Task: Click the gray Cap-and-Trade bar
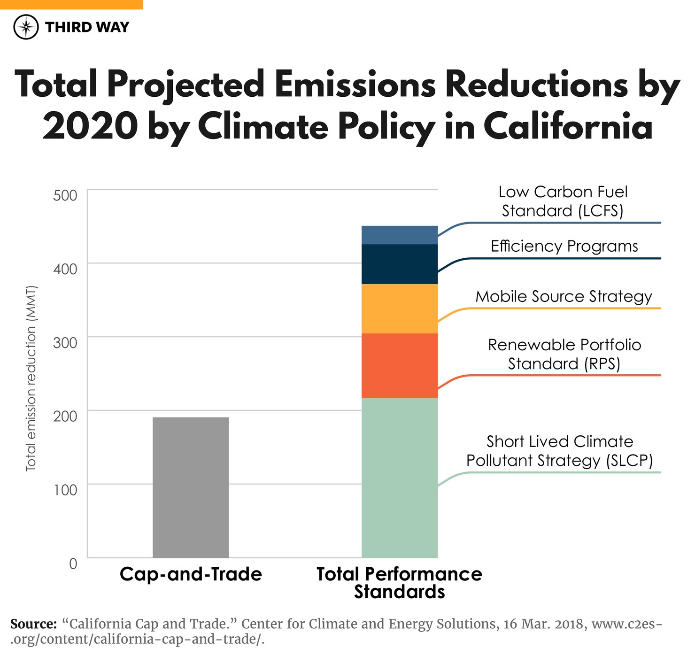pyautogui.click(x=191, y=487)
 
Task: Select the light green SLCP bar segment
pyautogui.click(x=399, y=478)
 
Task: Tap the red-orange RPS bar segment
pyautogui.click(x=399, y=365)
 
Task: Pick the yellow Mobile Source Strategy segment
pyautogui.click(x=399, y=309)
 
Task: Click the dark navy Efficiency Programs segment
pyautogui.click(x=399, y=264)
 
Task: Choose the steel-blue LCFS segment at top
pyautogui.click(x=399, y=235)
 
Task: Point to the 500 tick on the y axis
pyautogui.click(x=65, y=195)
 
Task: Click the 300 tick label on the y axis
pyautogui.click(x=65, y=343)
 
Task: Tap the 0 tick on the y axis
pyautogui.click(x=73, y=563)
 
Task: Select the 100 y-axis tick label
pyautogui.click(x=65, y=490)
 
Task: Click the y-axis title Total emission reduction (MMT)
pyautogui.click(x=31, y=378)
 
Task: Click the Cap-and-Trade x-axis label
pyautogui.click(x=191, y=574)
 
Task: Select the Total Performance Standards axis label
pyautogui.click(x=399, y=583)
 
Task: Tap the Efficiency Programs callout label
pyautogui.click(x=564, y=246)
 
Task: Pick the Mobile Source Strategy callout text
pyautogui.click(x=564, y=296)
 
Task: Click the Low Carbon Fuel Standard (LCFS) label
pyautogui.click(x=563, y=201)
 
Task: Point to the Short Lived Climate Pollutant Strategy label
pyautogui.click(x=559, y=451)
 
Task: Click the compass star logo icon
pyautogui.click(x=26, y=27)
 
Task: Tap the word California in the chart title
pyautogui.click(x=568, y=127)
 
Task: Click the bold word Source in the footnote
pyautogui.click(x=33, y=624)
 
